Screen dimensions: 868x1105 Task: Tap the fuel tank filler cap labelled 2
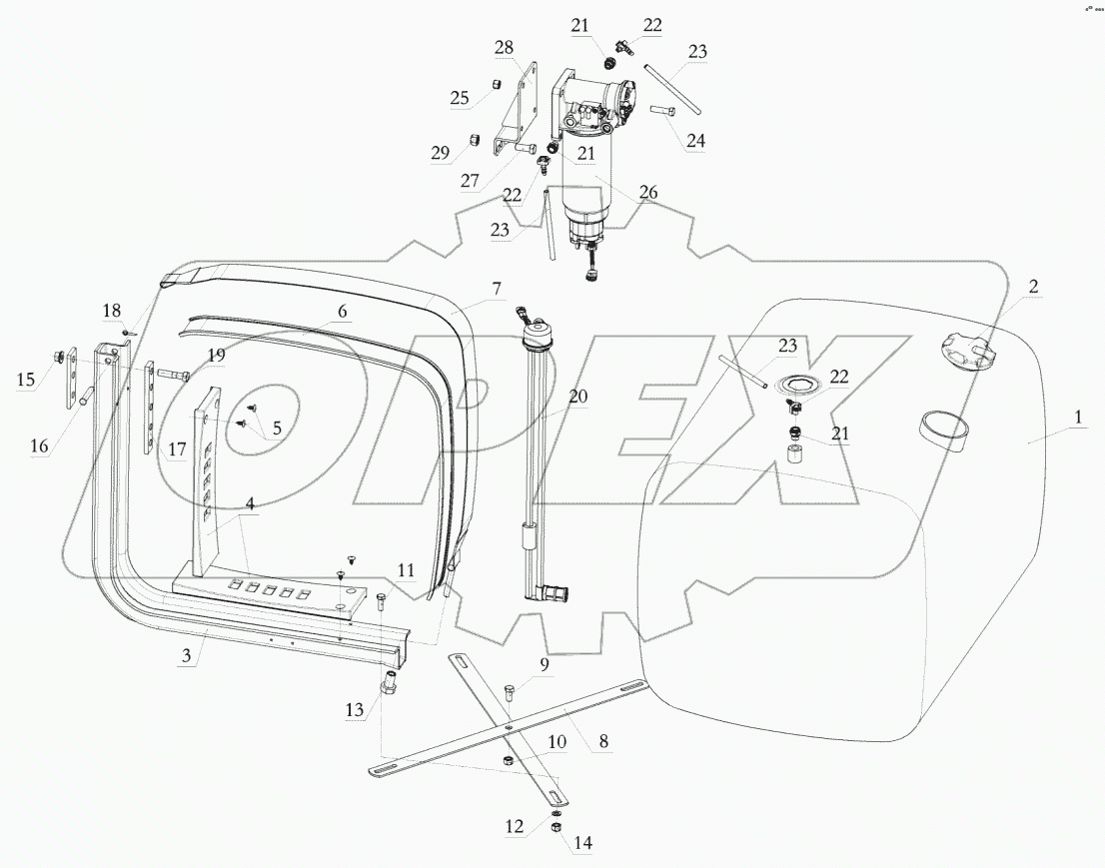click(x=965, y=351)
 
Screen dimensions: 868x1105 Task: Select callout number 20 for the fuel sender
click(x=577, y=397)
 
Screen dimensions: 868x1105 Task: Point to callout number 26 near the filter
click(x=648, y=192)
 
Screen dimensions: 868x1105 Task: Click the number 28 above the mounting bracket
click(x=503, y=49)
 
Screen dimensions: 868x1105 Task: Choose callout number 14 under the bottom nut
click(x=582, y=843)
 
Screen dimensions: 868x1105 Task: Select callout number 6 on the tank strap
click(x=342, y=312)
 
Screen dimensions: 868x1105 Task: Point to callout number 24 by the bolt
click(x=695, y=141)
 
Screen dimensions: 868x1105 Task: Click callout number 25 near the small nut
click(x=459, y=97)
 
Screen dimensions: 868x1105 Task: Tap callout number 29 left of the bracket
click(x=441, y=153)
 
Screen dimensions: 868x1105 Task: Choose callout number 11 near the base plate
click(x=404, y=570)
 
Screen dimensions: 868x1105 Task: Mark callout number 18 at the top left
click(x=110, y=311)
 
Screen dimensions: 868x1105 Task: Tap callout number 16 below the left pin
click(x=39, y=446)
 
